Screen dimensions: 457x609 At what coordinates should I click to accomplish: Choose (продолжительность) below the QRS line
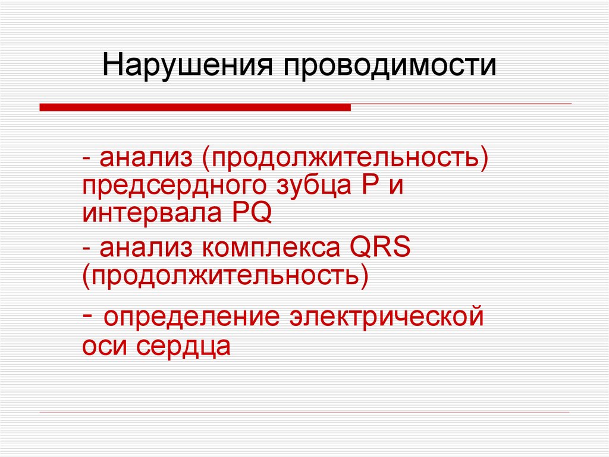click(x=225, y=275)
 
